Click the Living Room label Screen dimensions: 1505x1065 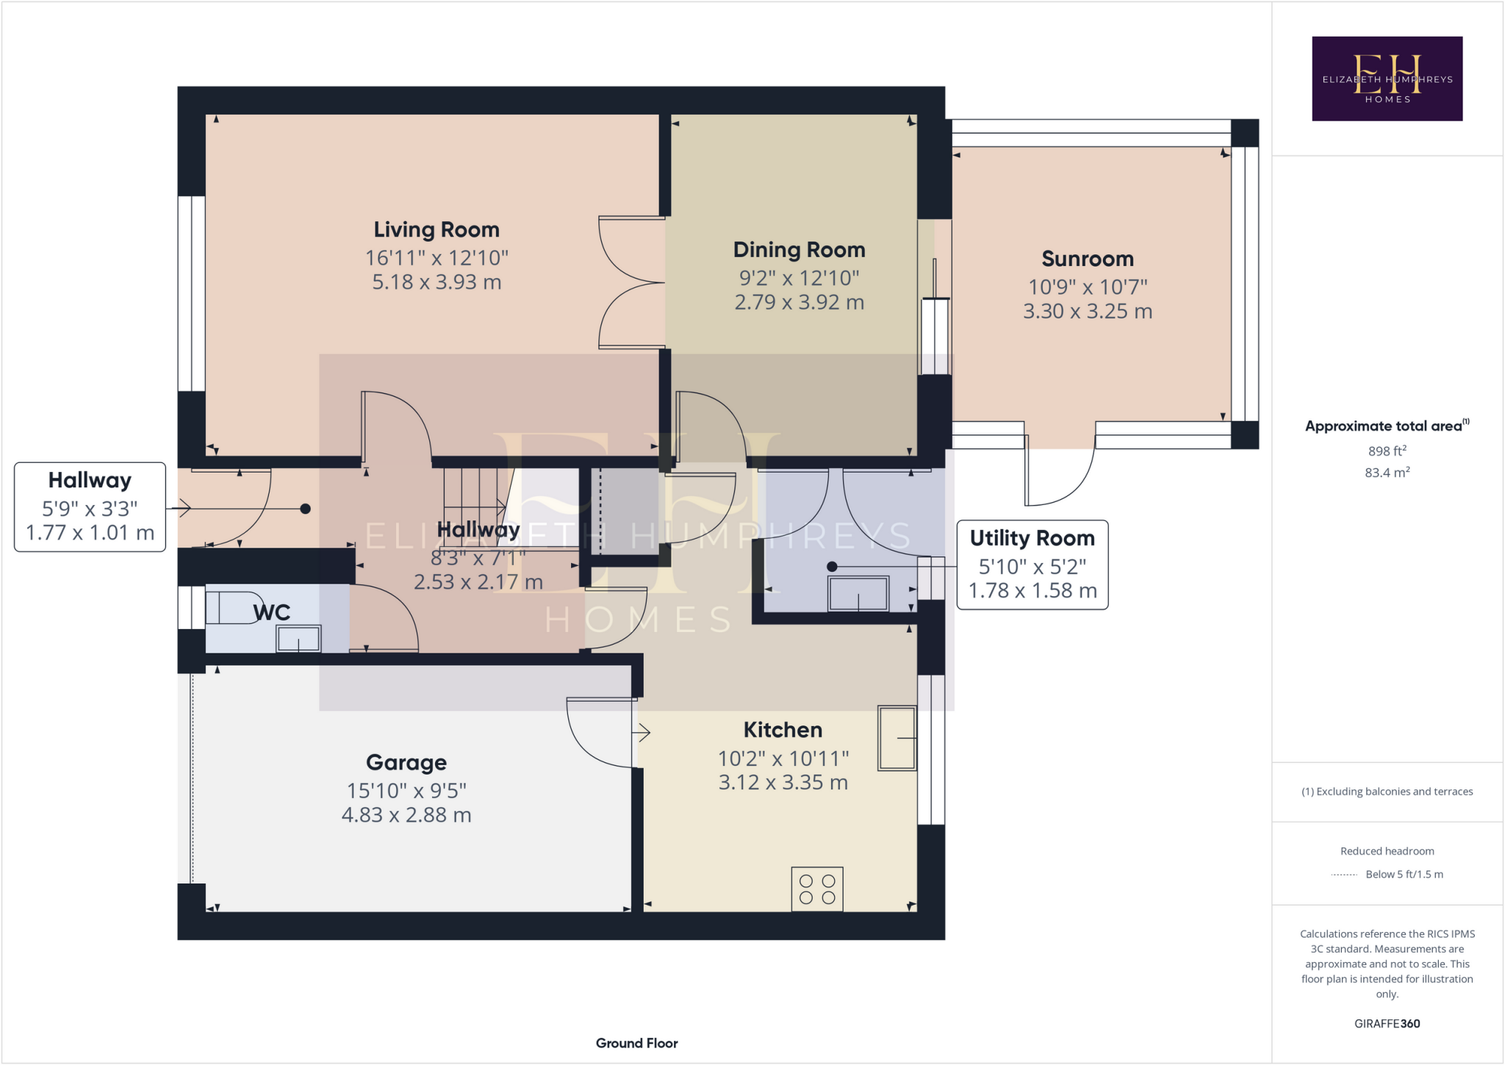coord(437,230)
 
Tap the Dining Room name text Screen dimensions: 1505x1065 coord(799,251)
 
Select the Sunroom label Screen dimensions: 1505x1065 coord(1088,259)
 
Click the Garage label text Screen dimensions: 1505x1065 coord(406,763)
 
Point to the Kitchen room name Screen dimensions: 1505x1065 coord(783,730)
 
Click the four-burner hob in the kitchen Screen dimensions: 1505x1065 coord(817,889)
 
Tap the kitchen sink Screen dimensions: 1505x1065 coord(897,738)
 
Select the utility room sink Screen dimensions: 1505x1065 coord(858,594)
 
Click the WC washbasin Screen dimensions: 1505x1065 coord(298,639)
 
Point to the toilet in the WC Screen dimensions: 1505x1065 coord(231,608)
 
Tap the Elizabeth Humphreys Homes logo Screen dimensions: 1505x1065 coord(1387,79)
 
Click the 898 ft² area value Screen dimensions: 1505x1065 coord(1387,451)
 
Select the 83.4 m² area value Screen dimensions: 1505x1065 coord(1387,473)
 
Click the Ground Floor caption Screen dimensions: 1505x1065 coord(637,1043)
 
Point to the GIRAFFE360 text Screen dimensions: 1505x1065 coord(1387,1024)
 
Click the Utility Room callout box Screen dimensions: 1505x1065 coord(1032,564)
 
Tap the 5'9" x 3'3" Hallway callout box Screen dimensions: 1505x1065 coord(90,507)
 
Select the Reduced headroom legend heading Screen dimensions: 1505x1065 coord(1387,851)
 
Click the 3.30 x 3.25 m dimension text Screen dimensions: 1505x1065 coord(1088,312)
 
